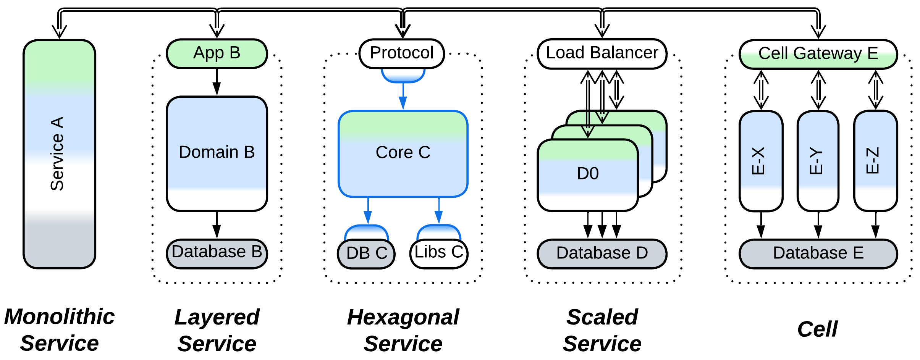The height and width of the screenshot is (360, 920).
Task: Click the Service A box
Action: [x=59, y=154]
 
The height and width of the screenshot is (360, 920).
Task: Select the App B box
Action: [x=217, y=53]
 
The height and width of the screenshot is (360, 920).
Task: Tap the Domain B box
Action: [x=217, y=153]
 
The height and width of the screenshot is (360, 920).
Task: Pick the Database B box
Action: [x=217, y=253]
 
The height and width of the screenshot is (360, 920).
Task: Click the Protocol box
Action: [x=402, y=53]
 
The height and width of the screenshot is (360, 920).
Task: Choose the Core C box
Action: [x=403, y=153]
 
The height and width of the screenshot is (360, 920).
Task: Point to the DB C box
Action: [x=366, y=253]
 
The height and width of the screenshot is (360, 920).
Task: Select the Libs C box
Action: [x=439, y=253]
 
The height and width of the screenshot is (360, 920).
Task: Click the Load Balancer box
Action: [x=602, y=53]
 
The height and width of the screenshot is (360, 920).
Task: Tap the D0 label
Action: [x=588, y=174]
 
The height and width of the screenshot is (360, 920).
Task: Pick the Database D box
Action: [x=602, y=253]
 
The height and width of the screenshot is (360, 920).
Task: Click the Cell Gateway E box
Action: [x=818, y=54]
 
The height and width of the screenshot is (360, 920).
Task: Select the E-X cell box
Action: [x=761, y=161]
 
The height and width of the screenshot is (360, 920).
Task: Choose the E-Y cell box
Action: [x=818, y=161]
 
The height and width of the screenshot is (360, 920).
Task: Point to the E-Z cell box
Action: [x=875, y=161]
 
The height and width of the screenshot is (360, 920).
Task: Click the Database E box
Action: [x=818, y=253]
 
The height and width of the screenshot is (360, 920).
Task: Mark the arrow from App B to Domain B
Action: [x=217, y=82]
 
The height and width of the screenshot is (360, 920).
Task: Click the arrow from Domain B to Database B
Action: [x=217, y=225]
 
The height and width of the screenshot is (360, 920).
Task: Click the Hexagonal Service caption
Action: [x=403, y=330]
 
